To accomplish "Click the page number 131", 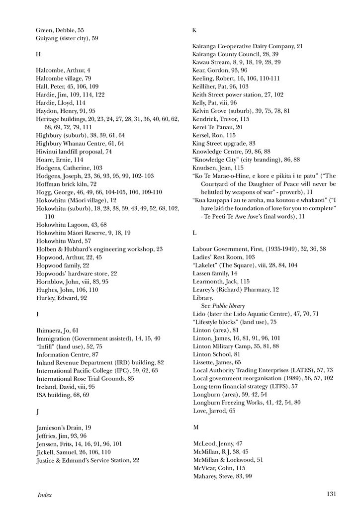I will [x=333, y=494].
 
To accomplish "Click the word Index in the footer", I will [x=45, y=495].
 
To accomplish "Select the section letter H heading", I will [x=38, y=54].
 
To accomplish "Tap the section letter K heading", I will [x=194, y=30].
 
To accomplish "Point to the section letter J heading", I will [x=38, y=412].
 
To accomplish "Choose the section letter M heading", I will [x=195, y=427].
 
